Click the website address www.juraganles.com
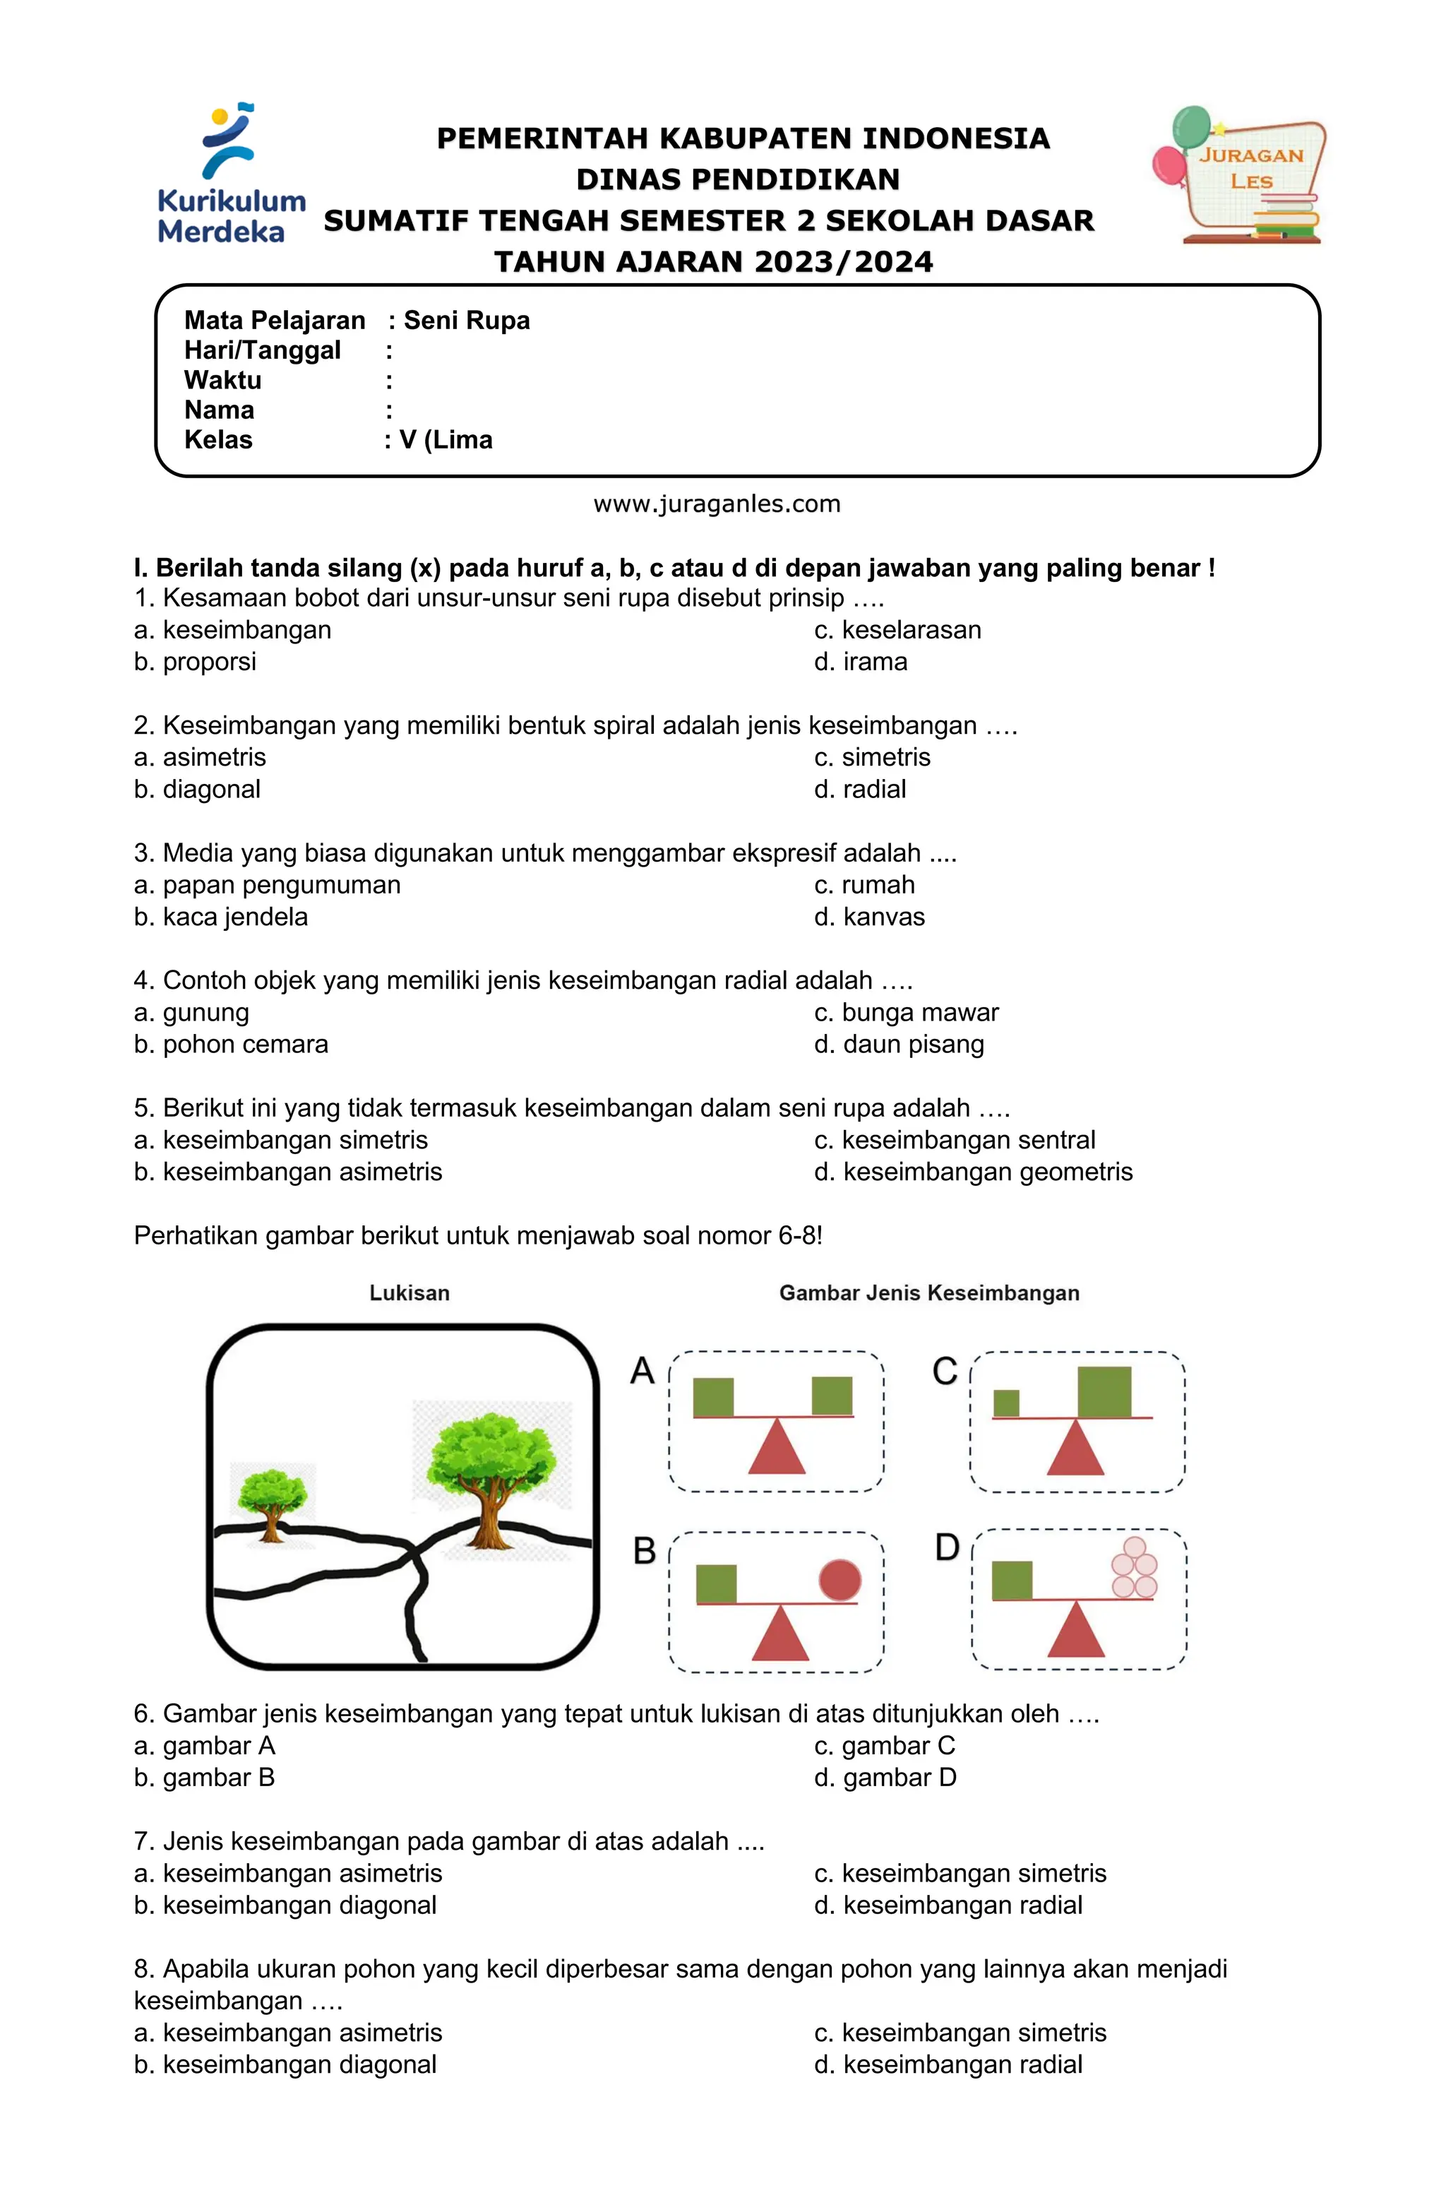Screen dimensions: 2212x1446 click(x=717, y=504)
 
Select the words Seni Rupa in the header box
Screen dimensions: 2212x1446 click(x=467, y=321)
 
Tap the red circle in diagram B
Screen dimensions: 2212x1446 click(x=839, y=1580)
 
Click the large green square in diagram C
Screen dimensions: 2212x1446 click(x=1104, y=1391)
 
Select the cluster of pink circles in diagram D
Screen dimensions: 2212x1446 click(x=1135, y=1568)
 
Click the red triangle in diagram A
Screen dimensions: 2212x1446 click(x=776, y=1448)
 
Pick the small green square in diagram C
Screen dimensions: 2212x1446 click(x=1005, y=1403)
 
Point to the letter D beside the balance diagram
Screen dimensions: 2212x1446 click(x=947, y=1547)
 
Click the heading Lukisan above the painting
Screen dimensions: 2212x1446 click(x=409, y=1293)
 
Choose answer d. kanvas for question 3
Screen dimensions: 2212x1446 click(x=870, y=917)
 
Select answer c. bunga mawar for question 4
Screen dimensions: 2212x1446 click(x=906, y=1012)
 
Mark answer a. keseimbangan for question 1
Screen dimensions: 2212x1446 click(x=232, y=630)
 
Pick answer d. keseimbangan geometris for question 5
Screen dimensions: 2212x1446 click(x=973, y=1172)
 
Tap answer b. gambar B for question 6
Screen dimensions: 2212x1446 click(x=205, y=1778)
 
